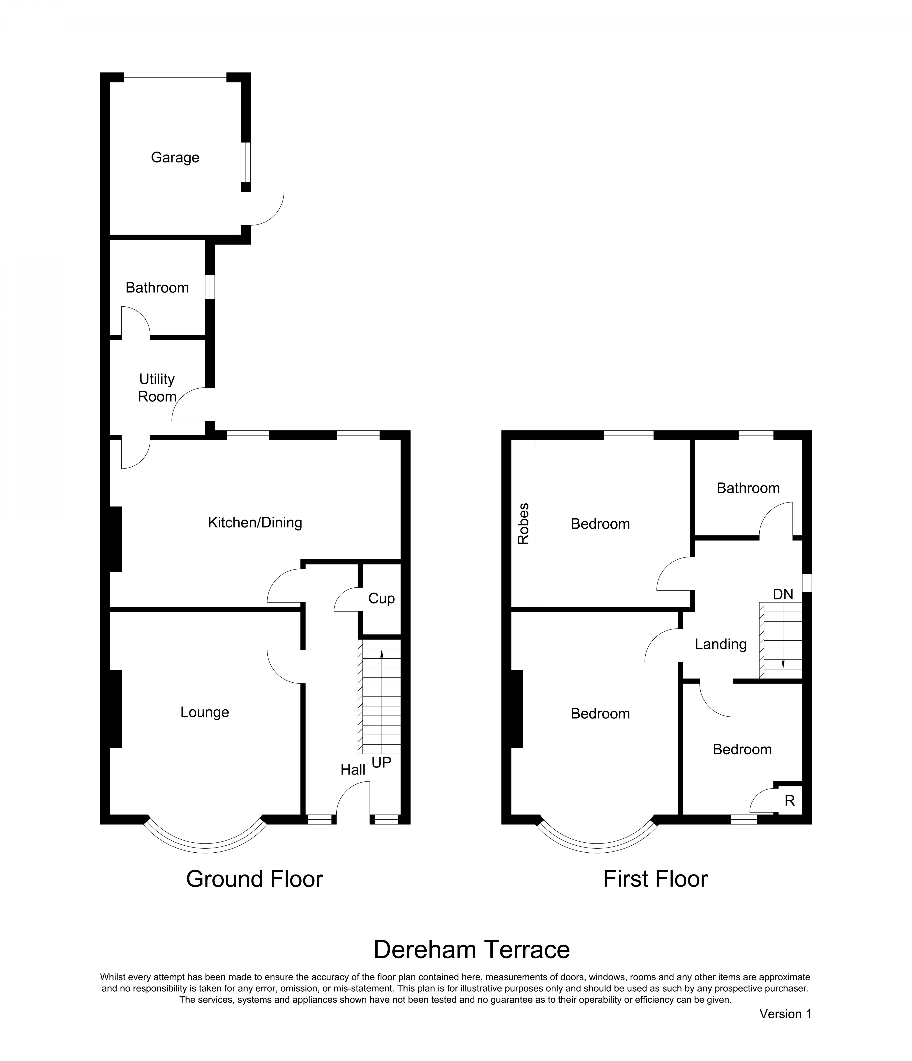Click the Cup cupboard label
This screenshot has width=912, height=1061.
click(381, 599)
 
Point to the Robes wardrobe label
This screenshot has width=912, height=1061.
click(523, 524)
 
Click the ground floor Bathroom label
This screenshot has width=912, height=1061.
click(157, 288)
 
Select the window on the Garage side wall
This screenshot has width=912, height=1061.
click(246, 162)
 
